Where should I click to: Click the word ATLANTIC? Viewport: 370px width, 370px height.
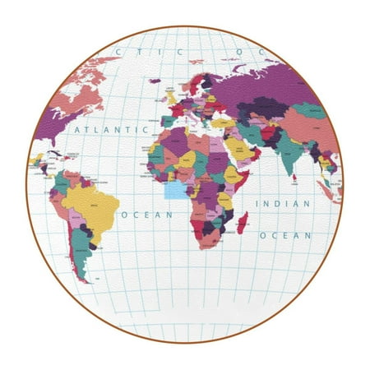(106, 129)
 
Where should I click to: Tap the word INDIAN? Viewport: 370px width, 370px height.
(283, 203)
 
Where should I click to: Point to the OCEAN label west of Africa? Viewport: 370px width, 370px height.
(147, 215)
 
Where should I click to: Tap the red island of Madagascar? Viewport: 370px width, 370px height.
(243, 222)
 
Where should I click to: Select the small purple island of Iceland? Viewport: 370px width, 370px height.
(155, 81)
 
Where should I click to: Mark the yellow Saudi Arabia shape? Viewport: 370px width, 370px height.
(237, 149)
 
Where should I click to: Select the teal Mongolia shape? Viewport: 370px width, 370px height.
(309, 110)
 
